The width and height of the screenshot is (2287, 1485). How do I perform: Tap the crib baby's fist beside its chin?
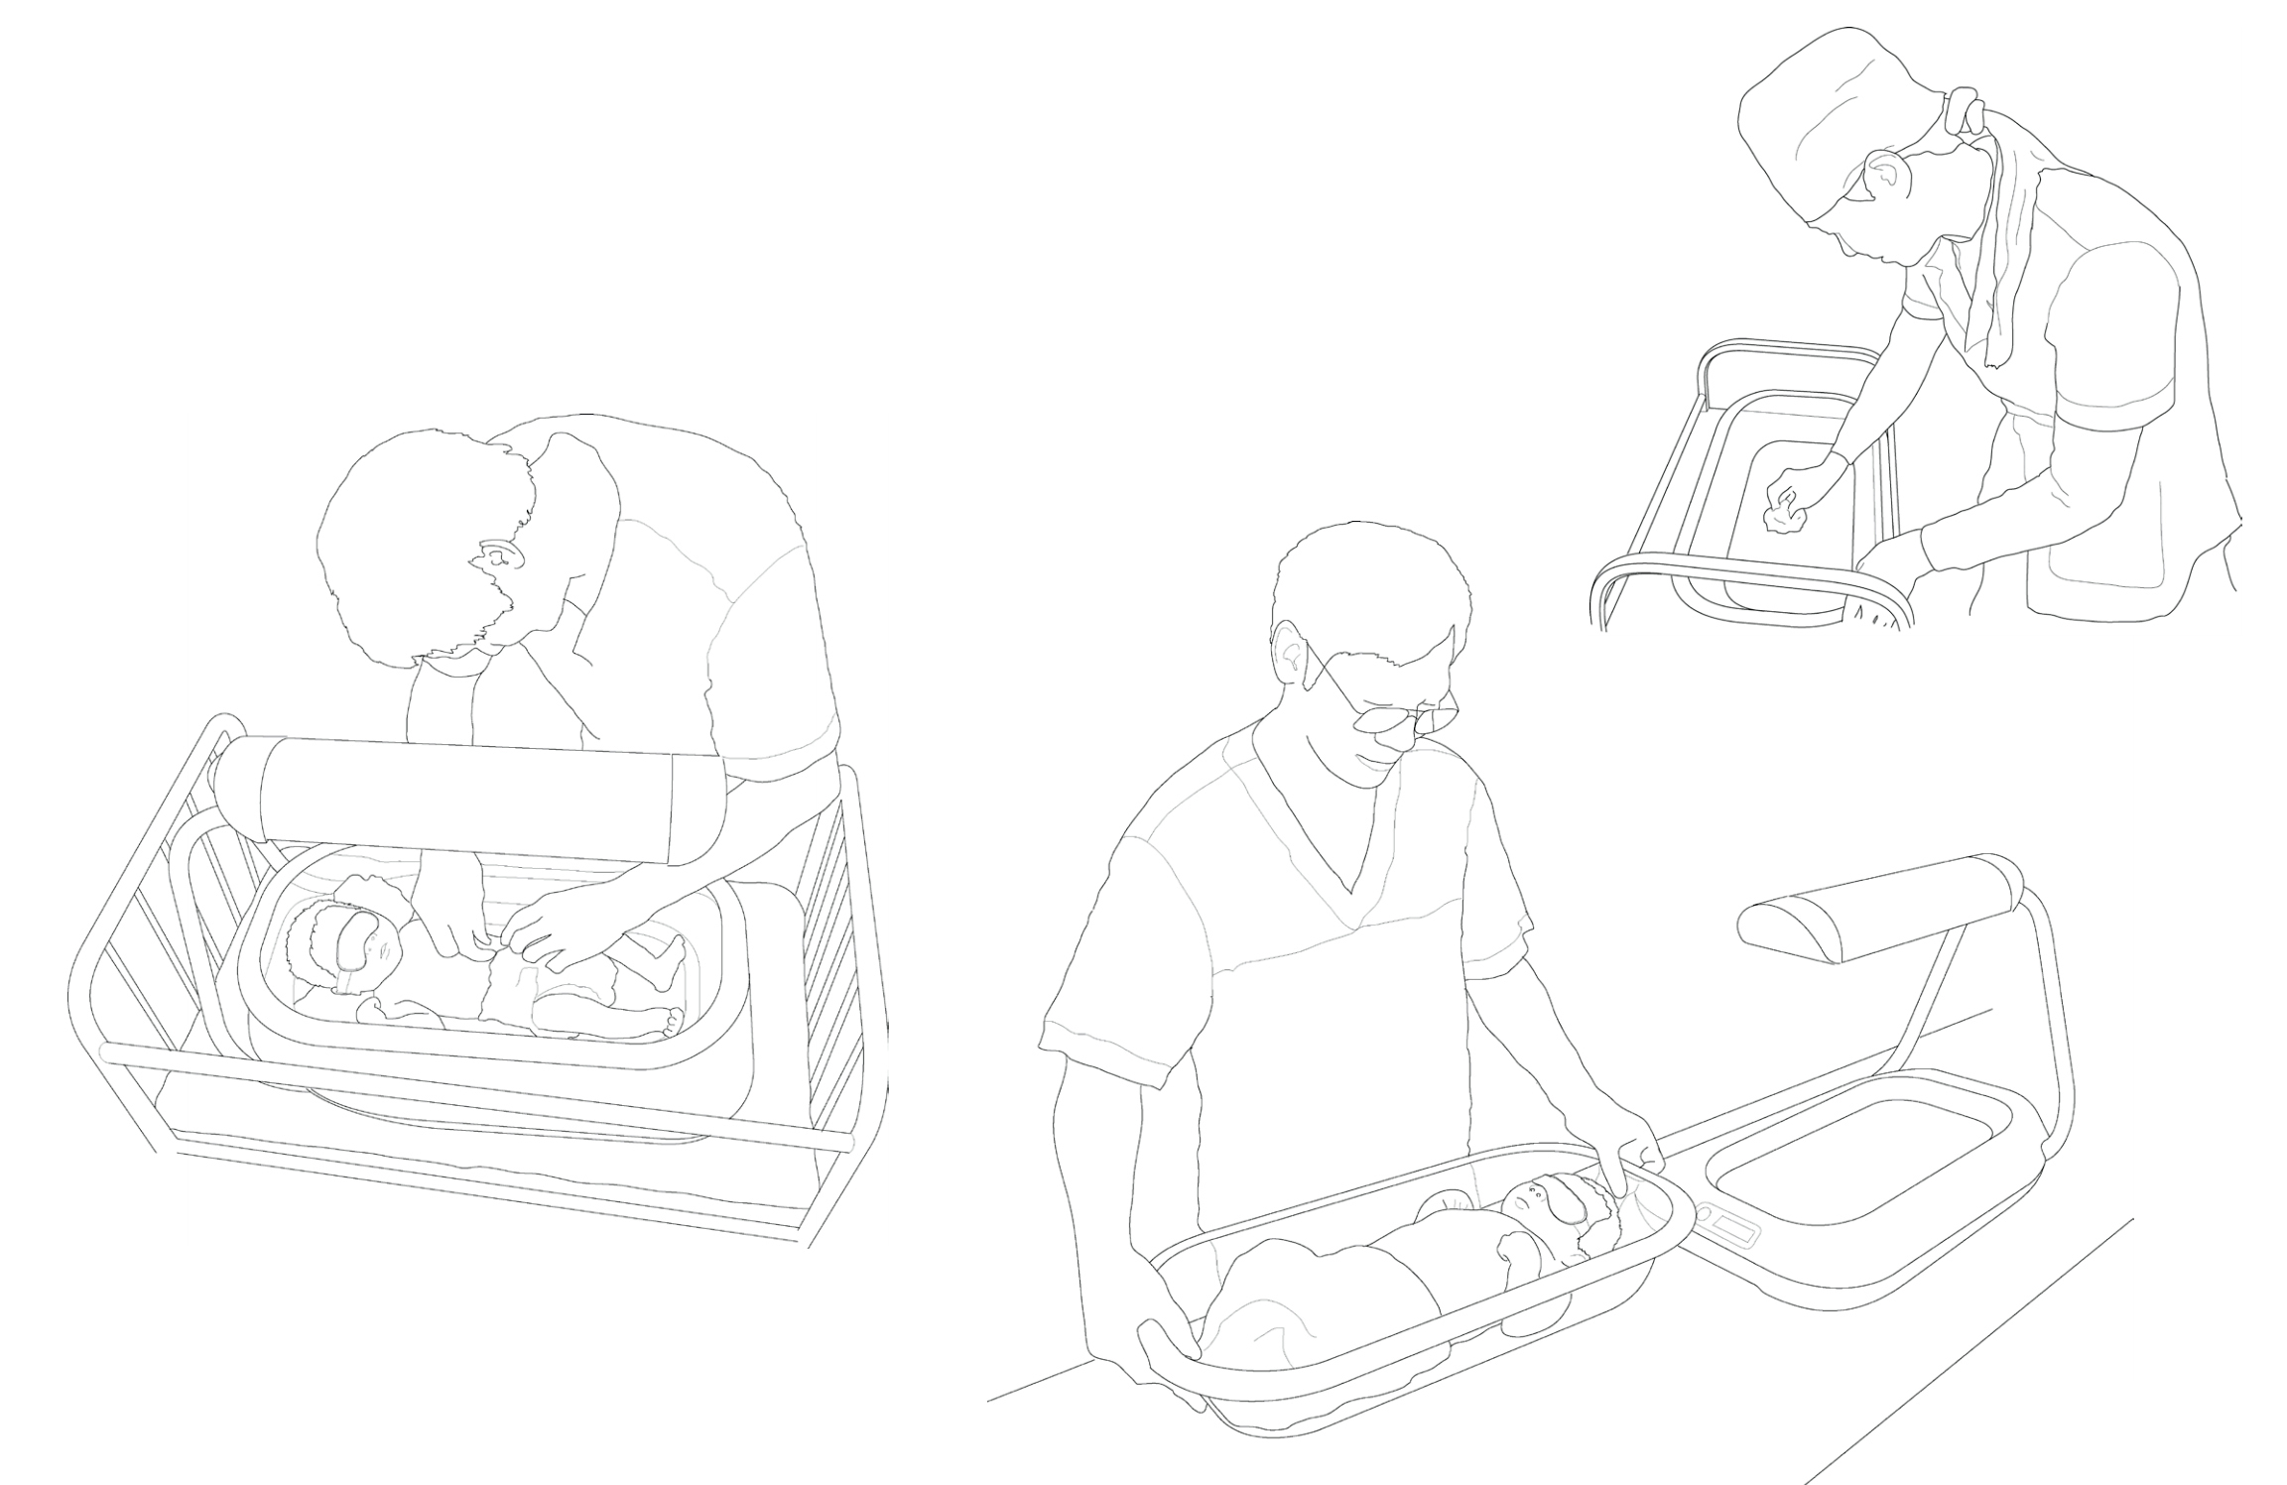coord(379,1009)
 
